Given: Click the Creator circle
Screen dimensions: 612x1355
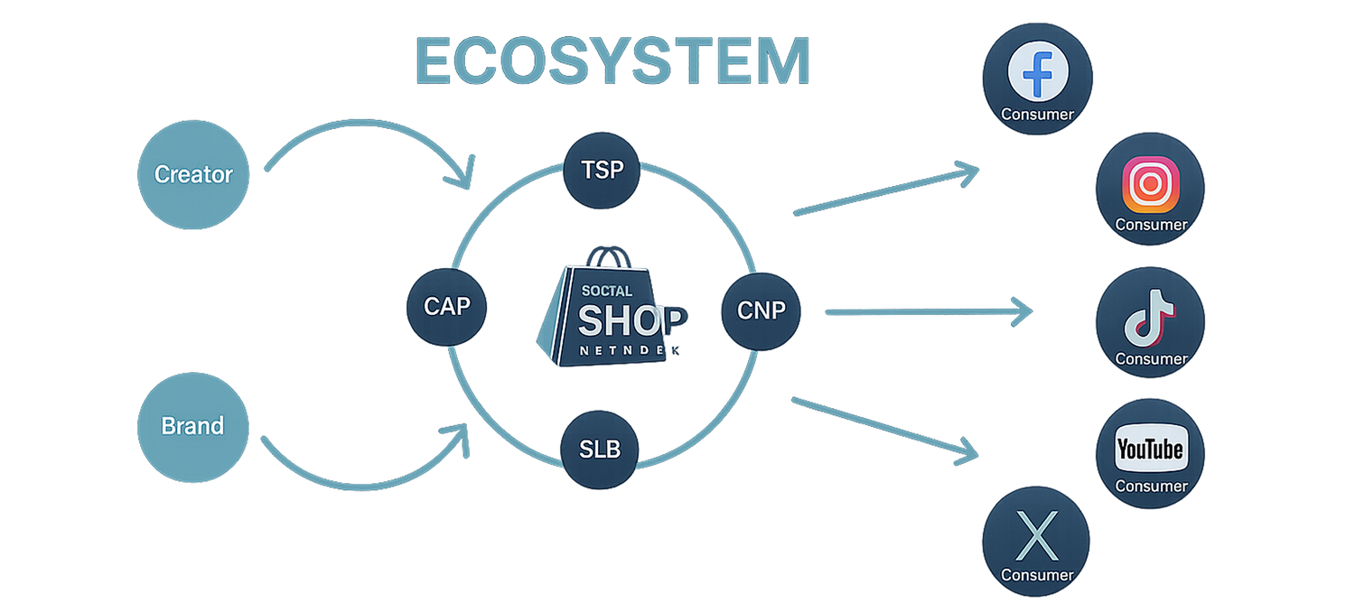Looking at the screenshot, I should pos(192,174).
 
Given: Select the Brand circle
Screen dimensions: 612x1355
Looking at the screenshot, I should pos(192,425).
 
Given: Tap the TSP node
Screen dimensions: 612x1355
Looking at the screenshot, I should pos(602,169).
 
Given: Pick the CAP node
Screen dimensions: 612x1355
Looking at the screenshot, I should pos(447,307).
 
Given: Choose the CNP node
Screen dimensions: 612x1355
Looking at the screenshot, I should pos(762,311).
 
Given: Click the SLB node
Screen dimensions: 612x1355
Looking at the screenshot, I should pos(601,449).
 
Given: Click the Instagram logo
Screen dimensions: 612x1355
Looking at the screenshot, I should pos(1150,184).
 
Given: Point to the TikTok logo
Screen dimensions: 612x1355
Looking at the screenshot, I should pos(1149,318).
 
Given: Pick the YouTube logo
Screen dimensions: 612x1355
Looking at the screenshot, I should pos(1150,449).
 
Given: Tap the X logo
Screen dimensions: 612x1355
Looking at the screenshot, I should pos(1037,535).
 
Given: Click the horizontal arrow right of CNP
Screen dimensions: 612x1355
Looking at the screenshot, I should pos(930,312).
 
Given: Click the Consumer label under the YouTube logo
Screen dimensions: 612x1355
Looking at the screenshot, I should pos(1151,486).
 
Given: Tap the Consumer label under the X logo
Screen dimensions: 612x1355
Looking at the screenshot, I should pos(1037,575).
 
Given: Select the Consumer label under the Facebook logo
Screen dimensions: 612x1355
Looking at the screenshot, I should pos(1037,115).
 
